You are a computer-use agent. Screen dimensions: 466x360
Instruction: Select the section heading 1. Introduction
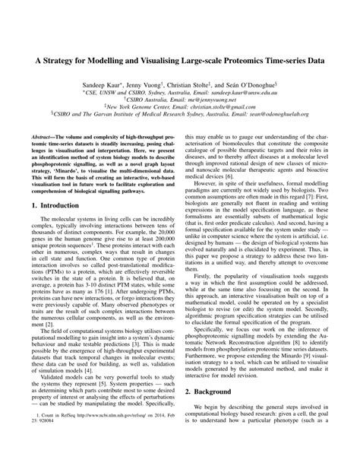pyautogui.click(x=62, y=227)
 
